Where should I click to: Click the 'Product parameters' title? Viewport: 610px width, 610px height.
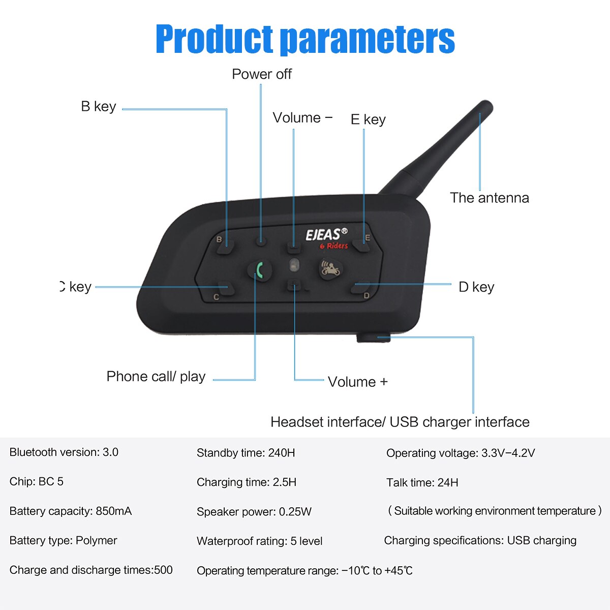(x=305, y=39)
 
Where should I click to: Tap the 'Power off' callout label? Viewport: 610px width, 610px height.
(x=262, y=74)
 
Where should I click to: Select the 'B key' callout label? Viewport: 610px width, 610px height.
(x=99, y=107)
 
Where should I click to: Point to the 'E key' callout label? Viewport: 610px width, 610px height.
(x=368, y=119)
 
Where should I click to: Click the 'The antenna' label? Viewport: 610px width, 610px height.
(x=489, y=198)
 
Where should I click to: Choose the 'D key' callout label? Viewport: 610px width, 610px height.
(x=476, y=287)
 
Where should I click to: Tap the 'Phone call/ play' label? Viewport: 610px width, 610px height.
(x=156, y=377)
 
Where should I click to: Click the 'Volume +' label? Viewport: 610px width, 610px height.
(x=357, y=382)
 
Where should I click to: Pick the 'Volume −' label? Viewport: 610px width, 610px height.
(x=302, y=118)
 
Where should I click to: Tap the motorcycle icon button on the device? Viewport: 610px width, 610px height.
(x=329, y=268)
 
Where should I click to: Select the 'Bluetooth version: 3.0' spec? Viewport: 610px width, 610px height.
(x=64, y=452)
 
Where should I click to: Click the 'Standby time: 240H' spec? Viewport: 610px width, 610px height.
(x=246, y=453)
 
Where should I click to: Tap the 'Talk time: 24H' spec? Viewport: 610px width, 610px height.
(x=422, y=482)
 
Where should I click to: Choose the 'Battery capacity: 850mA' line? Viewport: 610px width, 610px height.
(x=71, y=511)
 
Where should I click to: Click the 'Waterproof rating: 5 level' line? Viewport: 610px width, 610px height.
(x=259, y=541)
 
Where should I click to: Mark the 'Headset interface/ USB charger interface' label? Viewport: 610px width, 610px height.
(x=400, y=422)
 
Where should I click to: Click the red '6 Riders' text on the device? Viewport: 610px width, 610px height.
(x=333, y=246)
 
